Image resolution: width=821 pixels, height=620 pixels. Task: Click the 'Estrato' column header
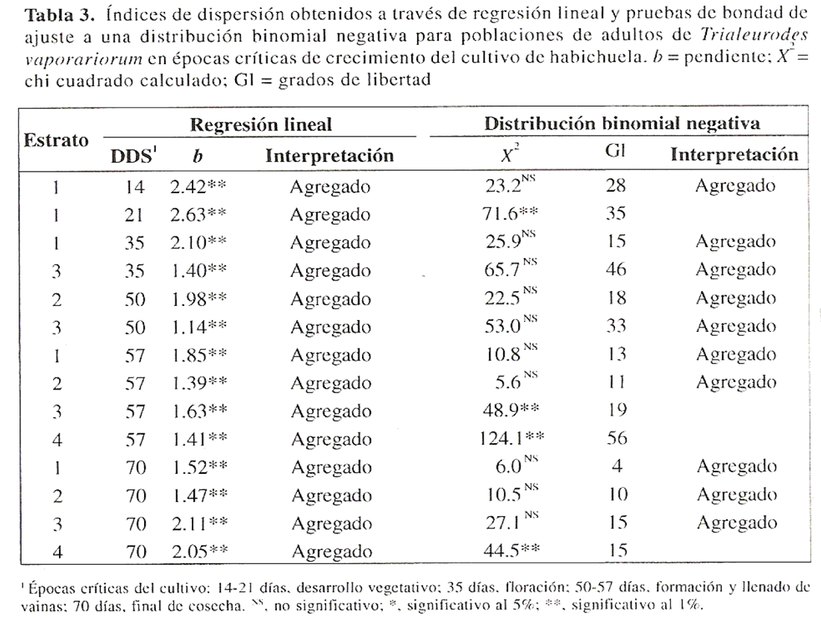tap(57, 140)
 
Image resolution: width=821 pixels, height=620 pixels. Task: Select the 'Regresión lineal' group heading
tap(260, 125)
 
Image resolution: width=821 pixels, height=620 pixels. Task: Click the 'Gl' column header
tap(616, 154)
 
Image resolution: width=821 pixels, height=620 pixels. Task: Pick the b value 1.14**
tap(199, 327)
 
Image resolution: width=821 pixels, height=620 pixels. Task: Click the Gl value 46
tap(616, 270)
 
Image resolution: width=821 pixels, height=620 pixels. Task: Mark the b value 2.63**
tap(199, 215)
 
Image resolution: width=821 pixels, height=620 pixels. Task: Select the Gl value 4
tap(616, 467)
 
